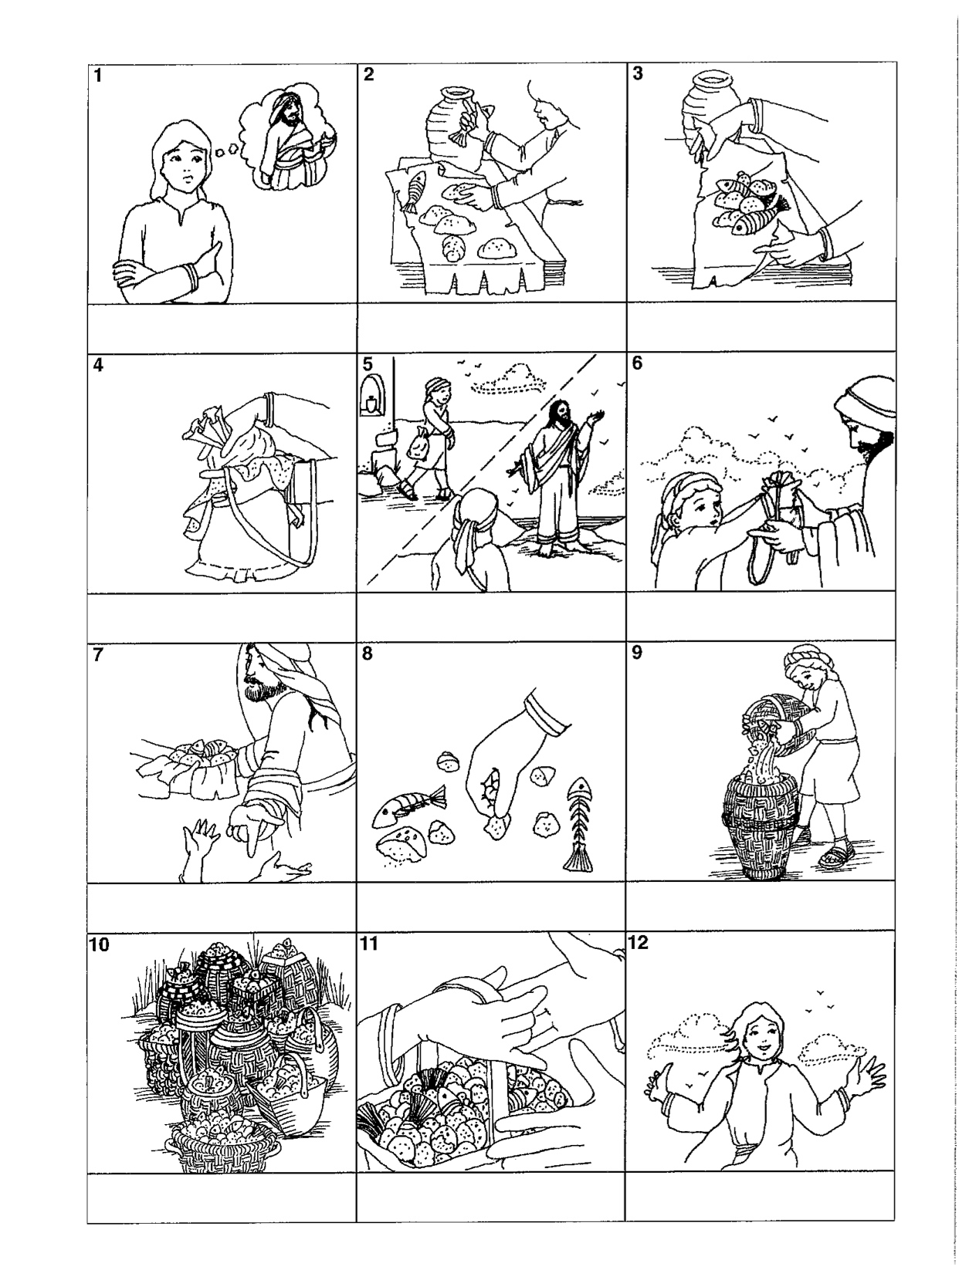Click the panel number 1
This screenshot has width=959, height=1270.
pyautogui.click(x=98, y=75)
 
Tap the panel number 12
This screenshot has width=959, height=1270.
pyautogui.click(x=638, y=943)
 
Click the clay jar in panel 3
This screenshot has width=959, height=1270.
pyautogui.click(x=713, y=107)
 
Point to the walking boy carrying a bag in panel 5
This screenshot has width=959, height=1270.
pyautogui.click(x=431, y=440)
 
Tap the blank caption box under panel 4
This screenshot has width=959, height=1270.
pyautogui.click(x=222, y=616)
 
